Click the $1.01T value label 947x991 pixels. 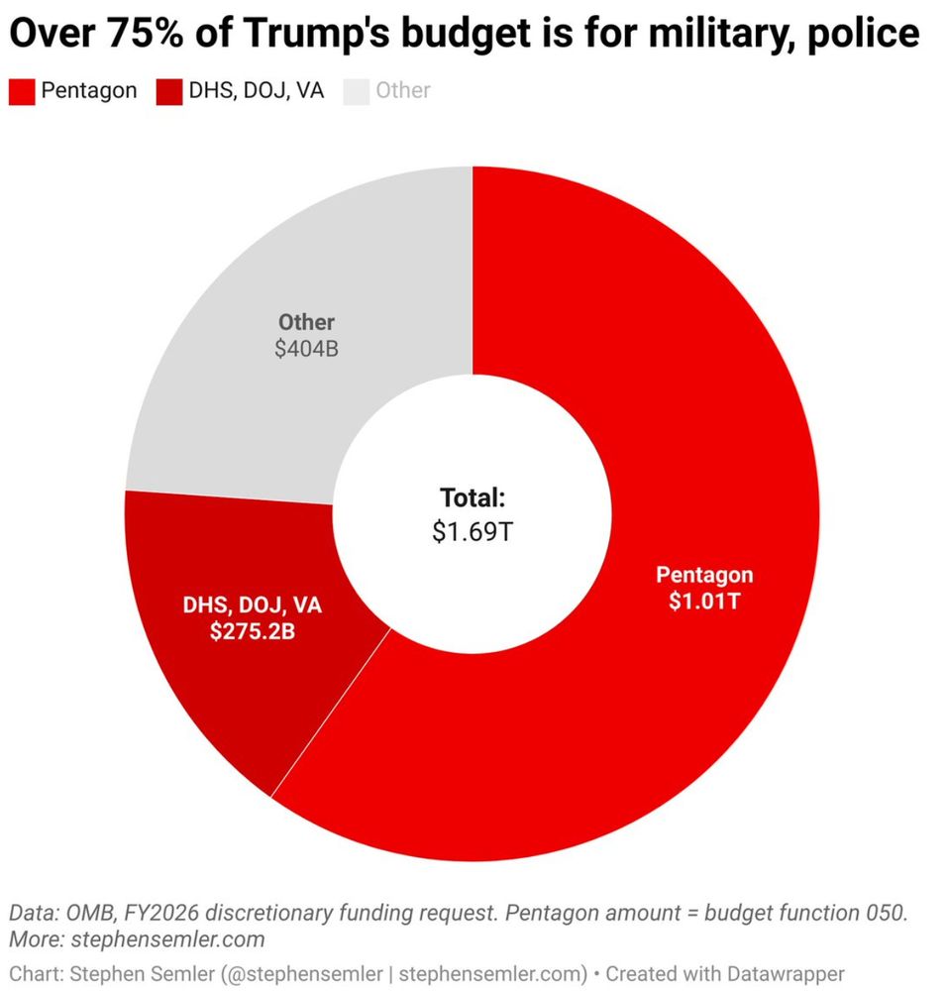coord(703,602)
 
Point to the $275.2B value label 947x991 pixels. coord(252,632)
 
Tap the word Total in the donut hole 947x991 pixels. coord(473,498)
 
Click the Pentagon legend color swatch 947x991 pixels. coord(22,91)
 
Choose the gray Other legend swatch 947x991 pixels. coord(355,91)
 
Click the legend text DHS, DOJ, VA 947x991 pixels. coord(254,91)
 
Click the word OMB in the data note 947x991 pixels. coord(87,913)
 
